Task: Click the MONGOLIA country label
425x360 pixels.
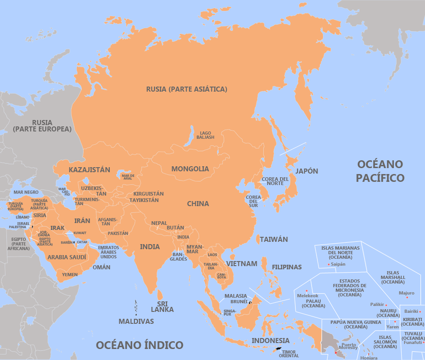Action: (190, 169)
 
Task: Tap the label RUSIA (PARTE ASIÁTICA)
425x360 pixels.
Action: (187, 89)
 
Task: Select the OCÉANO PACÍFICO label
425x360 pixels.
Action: (380, 171)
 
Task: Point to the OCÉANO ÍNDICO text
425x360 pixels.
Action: (139, 345)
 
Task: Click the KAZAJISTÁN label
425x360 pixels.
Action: (89, 170)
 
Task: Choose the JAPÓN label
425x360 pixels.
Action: (307, 171)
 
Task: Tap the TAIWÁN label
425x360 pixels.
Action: (274, 239)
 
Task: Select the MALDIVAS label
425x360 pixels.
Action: (136, 321)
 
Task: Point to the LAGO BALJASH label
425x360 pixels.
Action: (205, 135)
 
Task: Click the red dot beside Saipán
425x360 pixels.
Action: (329, 264)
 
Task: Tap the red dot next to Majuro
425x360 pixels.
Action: (407, 298)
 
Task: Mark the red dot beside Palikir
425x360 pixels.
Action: (386, 305)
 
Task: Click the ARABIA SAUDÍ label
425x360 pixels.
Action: (67, 257)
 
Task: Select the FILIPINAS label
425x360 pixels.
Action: (287, 267)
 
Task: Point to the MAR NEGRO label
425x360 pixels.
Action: (26, 192)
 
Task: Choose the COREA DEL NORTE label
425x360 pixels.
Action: (275, 181)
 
